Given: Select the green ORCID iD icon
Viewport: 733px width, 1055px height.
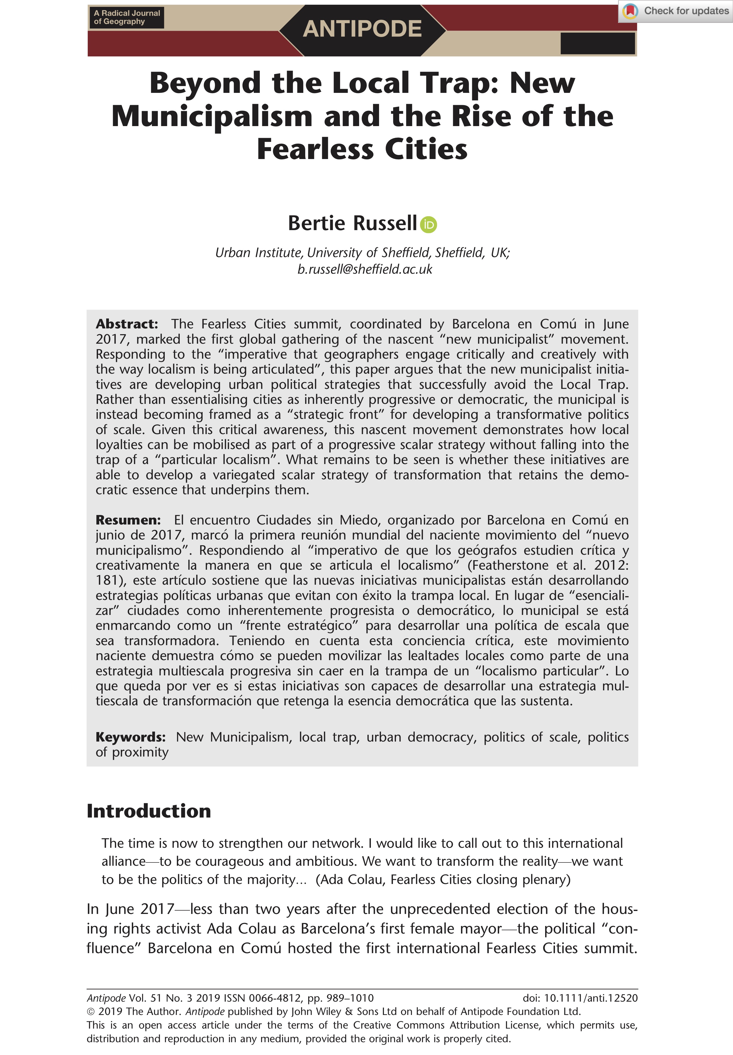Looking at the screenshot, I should coord(429,225).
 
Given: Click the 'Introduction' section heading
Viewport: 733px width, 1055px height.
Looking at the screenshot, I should coord(149,811).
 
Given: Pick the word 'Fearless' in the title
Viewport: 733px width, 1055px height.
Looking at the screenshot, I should coord(316,149).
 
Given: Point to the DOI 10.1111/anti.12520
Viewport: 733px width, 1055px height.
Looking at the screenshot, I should coord(591,998).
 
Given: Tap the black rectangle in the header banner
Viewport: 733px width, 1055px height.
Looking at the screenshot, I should coord(597,44).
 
